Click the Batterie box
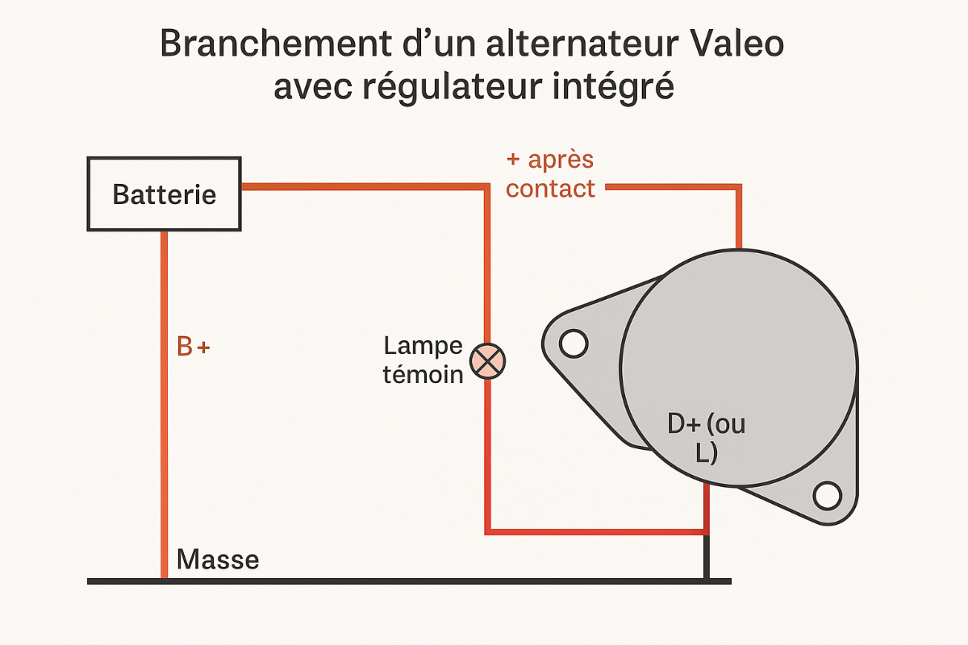(165, 194)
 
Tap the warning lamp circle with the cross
(487, 360)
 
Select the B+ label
(194, 347)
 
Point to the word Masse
(218, 560)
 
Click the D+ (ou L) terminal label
(707, 438)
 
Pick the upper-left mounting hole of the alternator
(573, 343)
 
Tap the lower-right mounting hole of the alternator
(827, 495)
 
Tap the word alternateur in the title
(542, 44)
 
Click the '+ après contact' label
(551, 173)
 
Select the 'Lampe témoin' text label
(423, 360)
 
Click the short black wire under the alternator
(707, 556)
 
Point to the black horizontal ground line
(403, 580)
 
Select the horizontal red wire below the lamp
(597, 531)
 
